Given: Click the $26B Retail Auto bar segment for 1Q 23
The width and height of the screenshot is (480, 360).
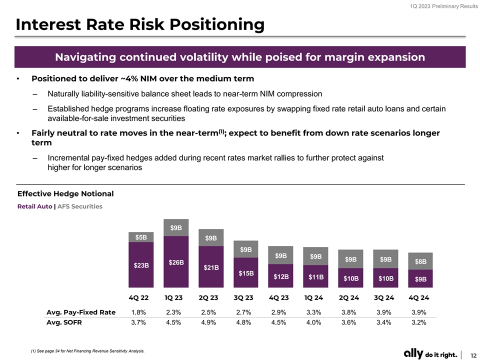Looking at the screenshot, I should (x=176, y=262).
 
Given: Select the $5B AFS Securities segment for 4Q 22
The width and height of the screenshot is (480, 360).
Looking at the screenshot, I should (x=141, y=237).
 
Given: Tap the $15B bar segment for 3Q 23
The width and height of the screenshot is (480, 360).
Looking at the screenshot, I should (x=246, y=273).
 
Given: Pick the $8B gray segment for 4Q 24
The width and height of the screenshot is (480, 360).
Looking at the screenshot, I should (x=420, y=261).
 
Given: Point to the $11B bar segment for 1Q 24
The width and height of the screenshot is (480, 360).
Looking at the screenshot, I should (x=316, y=276).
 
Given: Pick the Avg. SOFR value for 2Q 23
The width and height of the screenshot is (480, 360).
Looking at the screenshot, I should (x=208, y=322).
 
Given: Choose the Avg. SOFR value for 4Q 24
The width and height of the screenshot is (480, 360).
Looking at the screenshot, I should (x=418, y=322).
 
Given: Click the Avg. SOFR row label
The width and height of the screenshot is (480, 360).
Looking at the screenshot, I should (x=64, y=322).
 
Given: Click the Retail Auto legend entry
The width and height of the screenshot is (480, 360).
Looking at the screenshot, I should (x=34, y=206).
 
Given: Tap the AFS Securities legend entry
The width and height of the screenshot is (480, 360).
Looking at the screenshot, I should (x=80, y=206).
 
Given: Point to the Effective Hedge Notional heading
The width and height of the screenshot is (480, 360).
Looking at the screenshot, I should (x=65, y=194).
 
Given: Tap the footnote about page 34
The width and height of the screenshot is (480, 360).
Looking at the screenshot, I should (x=87, y=351).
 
